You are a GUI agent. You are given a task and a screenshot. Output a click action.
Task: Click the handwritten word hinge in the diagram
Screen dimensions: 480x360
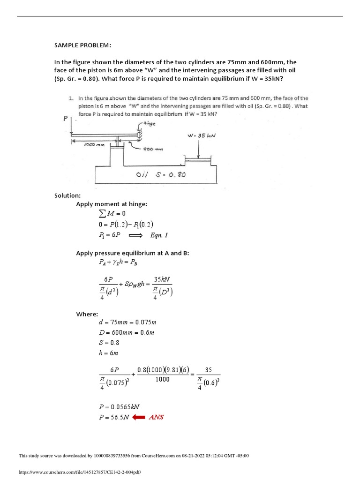pos(145,124)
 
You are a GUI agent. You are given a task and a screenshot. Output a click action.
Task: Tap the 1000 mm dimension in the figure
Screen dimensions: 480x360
pos(93,145)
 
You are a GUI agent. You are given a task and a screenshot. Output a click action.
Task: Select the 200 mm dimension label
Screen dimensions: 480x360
pos(153,150)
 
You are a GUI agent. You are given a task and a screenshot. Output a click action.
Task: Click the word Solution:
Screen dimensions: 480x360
pos(68,195)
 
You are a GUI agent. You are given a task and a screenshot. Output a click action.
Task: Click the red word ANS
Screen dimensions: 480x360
pos(156,417)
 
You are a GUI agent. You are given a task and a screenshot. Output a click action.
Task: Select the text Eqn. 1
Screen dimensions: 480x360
pos(159,235)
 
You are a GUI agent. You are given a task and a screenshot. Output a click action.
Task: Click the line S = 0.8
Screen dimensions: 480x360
pos(108,343)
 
